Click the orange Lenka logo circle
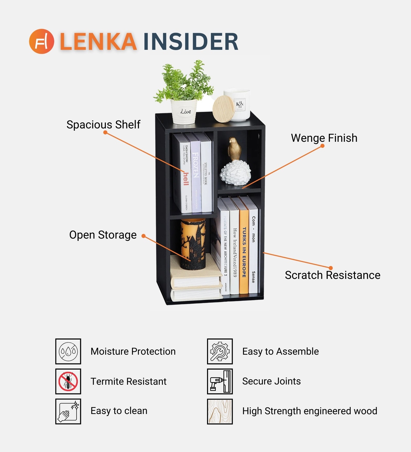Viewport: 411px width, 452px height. [x=42, y=41]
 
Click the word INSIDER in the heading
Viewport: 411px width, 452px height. [x=191, y=42]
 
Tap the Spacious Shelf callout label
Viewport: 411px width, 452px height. [x=103, y=125]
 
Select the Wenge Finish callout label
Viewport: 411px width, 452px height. [x=324, y=138]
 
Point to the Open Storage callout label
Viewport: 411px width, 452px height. [x=103, y=235]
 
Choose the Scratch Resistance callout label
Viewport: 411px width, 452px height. [x=332, y=275]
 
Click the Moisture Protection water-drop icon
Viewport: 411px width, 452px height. [x=68, y=351]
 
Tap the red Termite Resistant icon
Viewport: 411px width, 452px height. [x=68, y=381]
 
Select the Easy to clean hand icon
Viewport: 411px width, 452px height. [x=68, y=411]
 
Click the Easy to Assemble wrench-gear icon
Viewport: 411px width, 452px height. [x=220, y=351]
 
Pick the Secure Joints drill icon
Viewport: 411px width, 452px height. [x=220, y=381]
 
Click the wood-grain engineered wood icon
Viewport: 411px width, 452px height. [x=220, y=411]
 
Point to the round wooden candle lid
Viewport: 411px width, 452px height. [x=223, y=108]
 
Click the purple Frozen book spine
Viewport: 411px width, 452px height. [x=196, y=175]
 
